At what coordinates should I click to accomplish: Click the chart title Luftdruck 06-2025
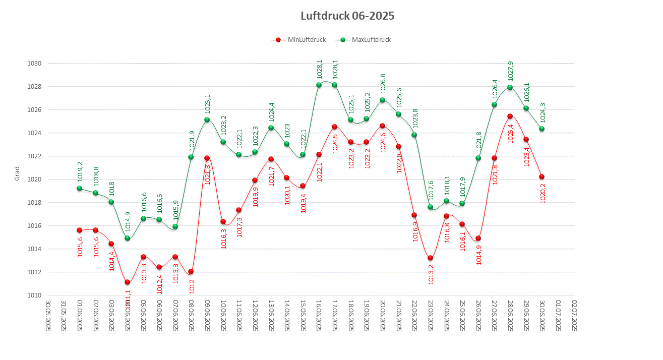pos(347,16)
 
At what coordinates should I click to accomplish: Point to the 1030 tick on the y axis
pos(34,64)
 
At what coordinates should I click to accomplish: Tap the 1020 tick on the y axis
pos(34,179)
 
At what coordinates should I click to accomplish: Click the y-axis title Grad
pos(17,173)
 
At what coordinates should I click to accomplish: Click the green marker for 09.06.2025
pos(207,120)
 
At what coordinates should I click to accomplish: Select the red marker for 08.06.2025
pos(191,272)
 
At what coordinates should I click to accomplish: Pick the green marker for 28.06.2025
pos(510,87)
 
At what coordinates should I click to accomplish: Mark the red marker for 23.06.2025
pos(430,258)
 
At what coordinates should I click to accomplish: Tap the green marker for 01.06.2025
pos(79,189)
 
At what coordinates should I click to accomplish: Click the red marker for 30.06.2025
pos(542,176)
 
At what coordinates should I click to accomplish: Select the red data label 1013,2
pos(431,274)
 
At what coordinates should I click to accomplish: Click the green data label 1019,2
pos(80,172)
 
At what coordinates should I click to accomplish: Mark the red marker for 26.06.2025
pos(478,238)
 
